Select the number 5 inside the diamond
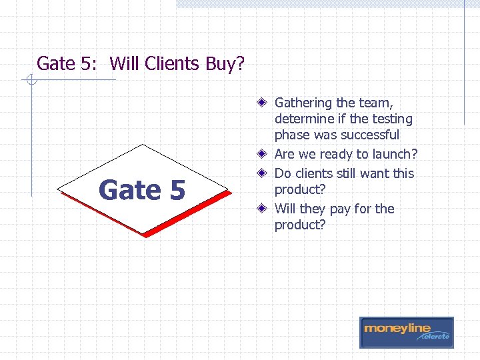pyautogui.click(x=177, y=190)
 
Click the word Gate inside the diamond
pyautogui.click(x=129, y=190)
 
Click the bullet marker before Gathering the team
pyautogui.click(x=264, y=103)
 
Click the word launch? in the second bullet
pyautogui.click(x=395, y=155)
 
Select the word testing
pyautogui.click(x=392, y=119)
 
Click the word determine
pyautogui.click(x=303, y=119)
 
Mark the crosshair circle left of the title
pyautogui.click(x=29, y=81)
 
